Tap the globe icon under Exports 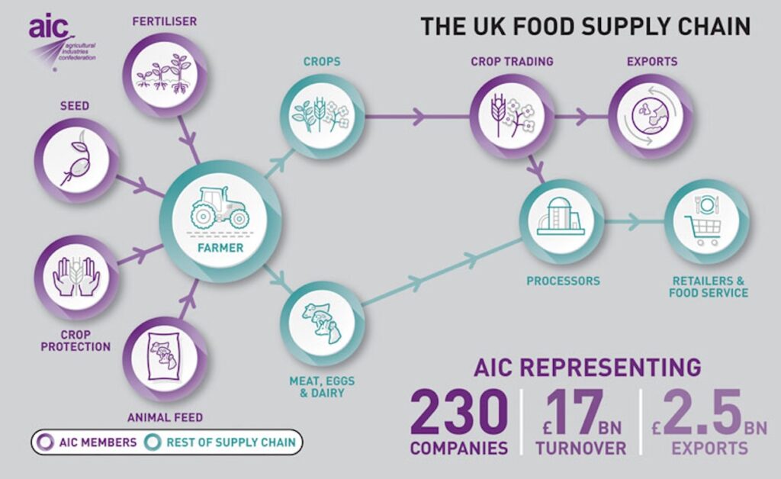[650, 117]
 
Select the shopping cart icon [702, 231]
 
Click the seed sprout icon [76, 160]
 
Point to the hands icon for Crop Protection [76, 276]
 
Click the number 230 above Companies [458, 413]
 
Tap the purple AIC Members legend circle [47, 442]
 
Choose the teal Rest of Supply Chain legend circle [153, 442]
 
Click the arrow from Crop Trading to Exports [580, 117]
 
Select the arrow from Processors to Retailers [634, 221]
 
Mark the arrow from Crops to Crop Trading [417, 117]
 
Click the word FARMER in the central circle [220, 248]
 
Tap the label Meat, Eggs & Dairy [323, 387]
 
